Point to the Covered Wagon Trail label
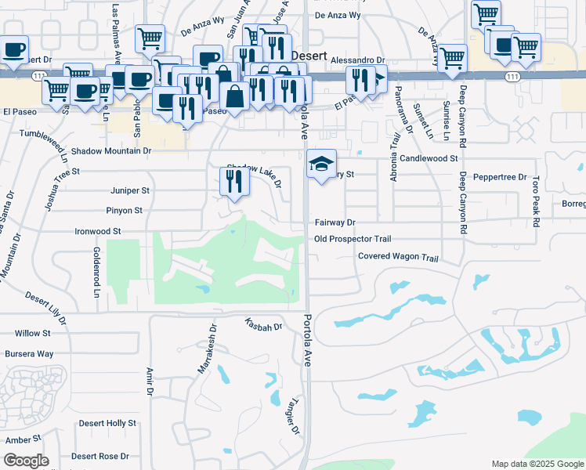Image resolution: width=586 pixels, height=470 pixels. pyautogui.click(x=397, y=257)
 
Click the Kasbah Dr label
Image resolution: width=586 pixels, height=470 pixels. pyautogui.click(x=262, y=324)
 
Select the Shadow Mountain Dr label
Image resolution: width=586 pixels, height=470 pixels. pyautogui.click(x=110, y=150)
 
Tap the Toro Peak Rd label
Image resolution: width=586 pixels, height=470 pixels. pyautogui.click(x=536, y=202)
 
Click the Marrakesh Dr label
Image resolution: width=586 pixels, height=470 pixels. pyautogui.click(x=206, y=348)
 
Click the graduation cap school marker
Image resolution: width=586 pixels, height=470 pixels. pyautogui.click(x=321, y=164)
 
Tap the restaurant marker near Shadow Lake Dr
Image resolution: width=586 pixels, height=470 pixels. pyautogui.click(x=233, y=182)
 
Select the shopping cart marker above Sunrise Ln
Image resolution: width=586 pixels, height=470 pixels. pyautogui.click(x=453, y=57)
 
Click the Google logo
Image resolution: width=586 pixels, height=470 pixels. pyautogui.click(x=26, y=461)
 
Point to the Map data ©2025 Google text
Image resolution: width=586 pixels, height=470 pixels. pyautogui.click(x=537, y=464)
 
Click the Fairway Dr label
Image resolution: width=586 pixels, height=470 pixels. pyautogui.click(x=335, y=222)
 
